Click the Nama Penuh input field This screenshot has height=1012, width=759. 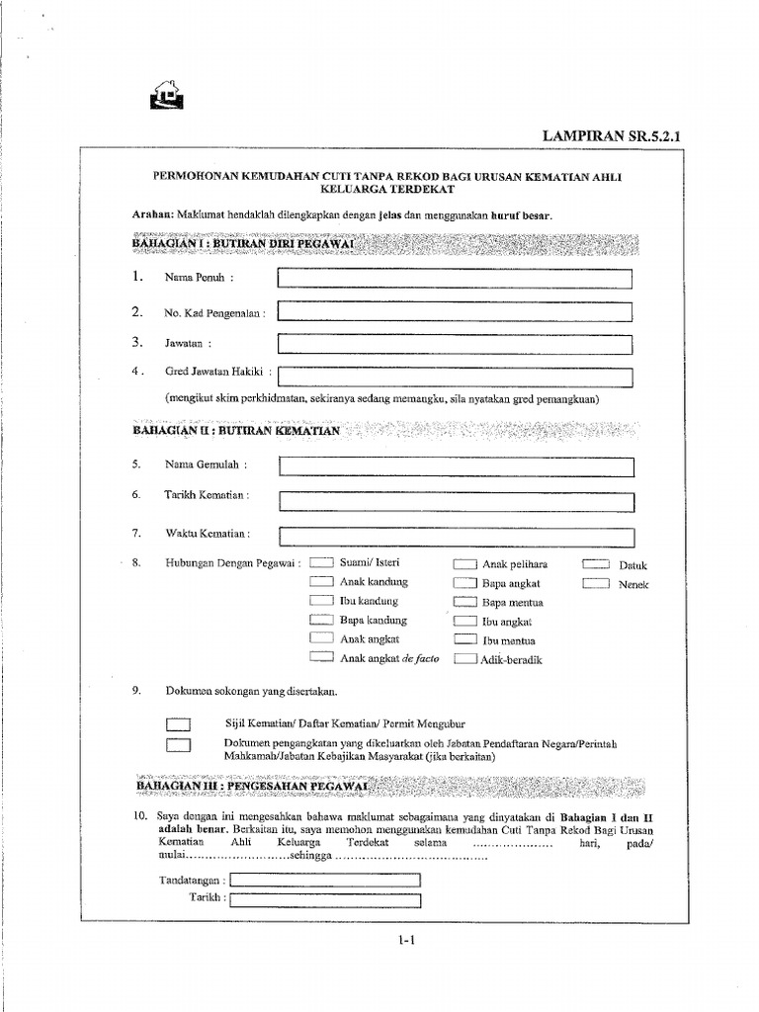click(x=455, y=280)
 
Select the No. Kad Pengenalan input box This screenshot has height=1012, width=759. click(x=455, y=312)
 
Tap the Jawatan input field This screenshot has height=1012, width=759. click(x=455, y=345)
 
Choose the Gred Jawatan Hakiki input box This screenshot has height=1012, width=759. click(x=455, y=377)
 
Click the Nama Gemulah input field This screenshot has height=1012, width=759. click(x=455, y=466)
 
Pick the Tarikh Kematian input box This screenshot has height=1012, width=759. click(x=455, y=500)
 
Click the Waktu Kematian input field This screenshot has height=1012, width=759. click(x=455, y=536)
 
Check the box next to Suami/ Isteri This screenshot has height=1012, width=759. click(x=321, y=563)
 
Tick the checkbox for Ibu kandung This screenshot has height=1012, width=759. click(x=321, y=601)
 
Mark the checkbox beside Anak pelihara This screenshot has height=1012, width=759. click(x=464, y=563)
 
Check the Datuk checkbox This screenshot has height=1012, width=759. click(x=595, y=564)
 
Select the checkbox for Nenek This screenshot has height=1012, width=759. click(x=595, y=584)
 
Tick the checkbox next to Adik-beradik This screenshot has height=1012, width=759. click(x=464, y=659)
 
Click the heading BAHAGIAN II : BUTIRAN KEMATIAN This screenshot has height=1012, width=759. click(x=235, y=431)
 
